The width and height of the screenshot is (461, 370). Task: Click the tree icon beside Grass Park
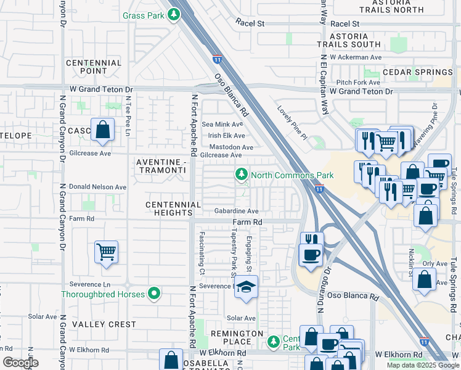175,14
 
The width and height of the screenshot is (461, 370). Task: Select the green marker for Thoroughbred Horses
155,294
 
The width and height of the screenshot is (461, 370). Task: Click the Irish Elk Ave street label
226,136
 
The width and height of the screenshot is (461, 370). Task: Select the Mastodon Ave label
231,147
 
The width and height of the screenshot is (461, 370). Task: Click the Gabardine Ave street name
236,211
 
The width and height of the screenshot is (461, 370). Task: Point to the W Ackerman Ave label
356,57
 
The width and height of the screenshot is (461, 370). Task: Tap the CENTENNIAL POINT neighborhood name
94,67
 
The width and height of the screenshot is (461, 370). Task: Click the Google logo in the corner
20,363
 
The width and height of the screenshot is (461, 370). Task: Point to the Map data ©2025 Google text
422,365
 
